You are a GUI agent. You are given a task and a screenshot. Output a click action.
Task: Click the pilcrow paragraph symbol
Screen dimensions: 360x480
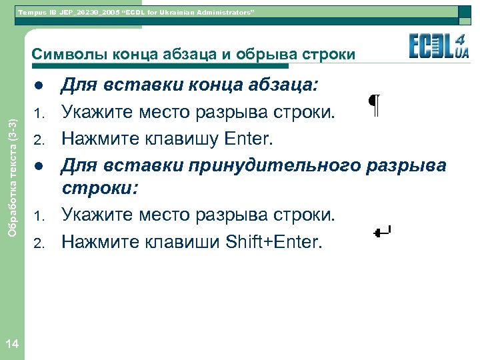click(x=375, y=106)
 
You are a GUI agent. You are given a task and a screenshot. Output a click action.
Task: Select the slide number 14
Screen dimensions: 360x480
click(x=11, y=344)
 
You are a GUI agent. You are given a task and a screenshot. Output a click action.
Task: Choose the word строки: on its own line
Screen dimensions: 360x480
click(x=100, y=189)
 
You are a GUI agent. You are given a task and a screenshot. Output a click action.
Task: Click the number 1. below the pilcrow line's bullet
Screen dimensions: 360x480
click(x=39, y=114)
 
